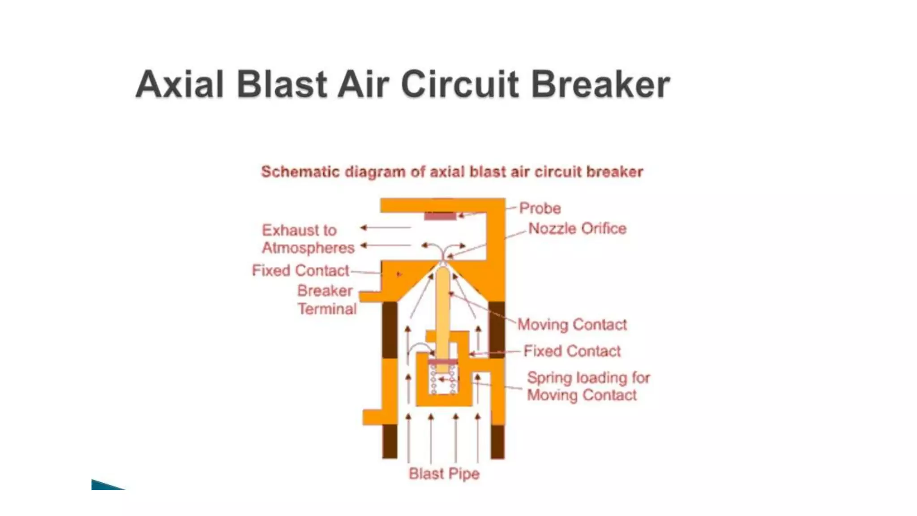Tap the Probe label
coord(540,208)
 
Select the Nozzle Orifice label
coord(577,228)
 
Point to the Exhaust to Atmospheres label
coord(308,239)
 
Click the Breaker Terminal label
coord(327,300)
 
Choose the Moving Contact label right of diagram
coord(572,324)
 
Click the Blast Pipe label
coord(444,473)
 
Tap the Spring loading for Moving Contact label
coord(588,386)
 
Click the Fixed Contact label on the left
coord(300,271)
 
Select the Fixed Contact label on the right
coord(572,351)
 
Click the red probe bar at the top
coord(440,216)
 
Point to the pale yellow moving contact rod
coord(443,314)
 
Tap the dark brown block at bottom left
coord(390,441)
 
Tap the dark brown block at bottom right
coord(497,441)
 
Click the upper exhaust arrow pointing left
coord(386,228)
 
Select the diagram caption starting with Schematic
coord(452,172)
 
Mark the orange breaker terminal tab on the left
coord(371,296)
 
